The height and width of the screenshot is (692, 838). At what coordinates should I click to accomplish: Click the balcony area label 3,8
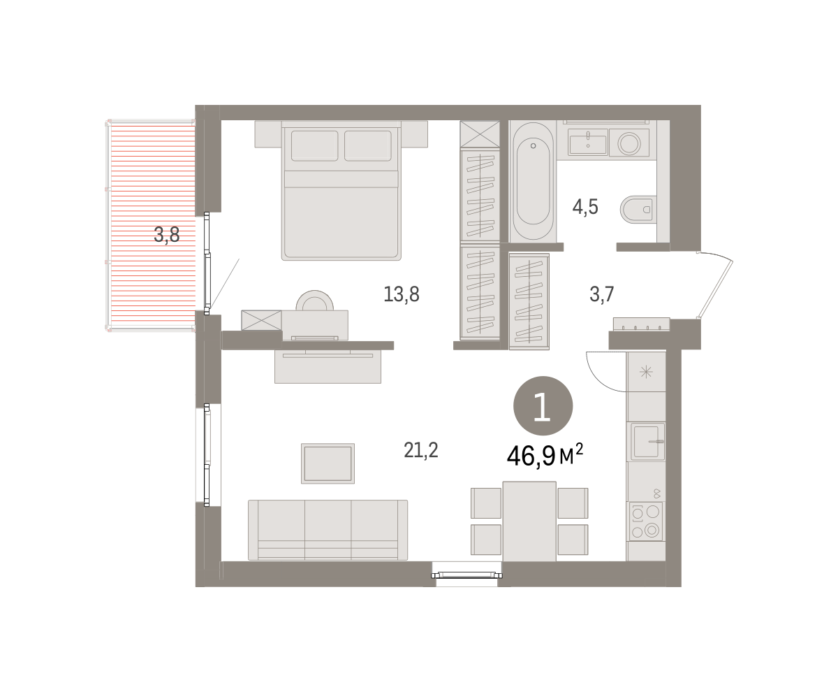click(x=167, y=235)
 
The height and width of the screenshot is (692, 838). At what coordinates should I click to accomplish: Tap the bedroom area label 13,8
click(x=402, y=294)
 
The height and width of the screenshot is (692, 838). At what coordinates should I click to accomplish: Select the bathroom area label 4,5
click(x=585, y=207)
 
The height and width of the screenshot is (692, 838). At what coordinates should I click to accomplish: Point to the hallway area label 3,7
click(x=601, y=294)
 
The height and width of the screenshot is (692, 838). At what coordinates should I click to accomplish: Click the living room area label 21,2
click(x=420, y=450)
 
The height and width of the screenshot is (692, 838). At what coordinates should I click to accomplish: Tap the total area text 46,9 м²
click(x=545, y=455)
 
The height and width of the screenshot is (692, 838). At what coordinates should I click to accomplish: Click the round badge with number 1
click(x=543, y=406)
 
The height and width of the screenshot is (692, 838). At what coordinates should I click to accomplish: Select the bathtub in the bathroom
click(x=533, y=181)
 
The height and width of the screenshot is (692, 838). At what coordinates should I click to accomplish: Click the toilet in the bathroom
click(x=638, y=210)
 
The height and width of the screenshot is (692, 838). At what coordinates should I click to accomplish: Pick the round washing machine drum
click(x=629, y=143)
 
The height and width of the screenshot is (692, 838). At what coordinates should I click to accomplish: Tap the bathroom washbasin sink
click(x=588, y=143)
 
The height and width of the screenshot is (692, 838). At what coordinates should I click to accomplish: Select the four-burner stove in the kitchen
click(x=646, y=521)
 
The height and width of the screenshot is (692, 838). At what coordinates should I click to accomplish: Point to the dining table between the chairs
click(x=529, y=521)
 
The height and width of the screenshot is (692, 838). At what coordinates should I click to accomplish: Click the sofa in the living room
click(x=328, y=530)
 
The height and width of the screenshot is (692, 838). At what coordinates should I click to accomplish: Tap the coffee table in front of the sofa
click(x=328, y=463)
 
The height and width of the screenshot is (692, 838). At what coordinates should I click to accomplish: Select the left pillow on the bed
click(x=315, y=145)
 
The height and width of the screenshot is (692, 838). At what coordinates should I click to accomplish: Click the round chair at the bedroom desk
click(x=315, y=300)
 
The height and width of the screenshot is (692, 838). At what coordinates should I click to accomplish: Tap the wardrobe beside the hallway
click(x=529, y=301)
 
